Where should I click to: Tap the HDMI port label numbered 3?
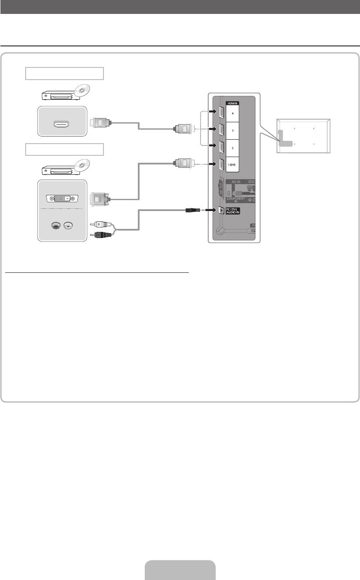233,130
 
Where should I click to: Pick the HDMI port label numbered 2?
233,148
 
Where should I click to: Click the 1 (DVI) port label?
233,165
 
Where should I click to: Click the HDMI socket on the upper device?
62,124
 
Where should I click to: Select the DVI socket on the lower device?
62,199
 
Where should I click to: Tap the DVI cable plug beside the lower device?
100,199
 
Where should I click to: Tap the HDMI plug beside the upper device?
100,123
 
